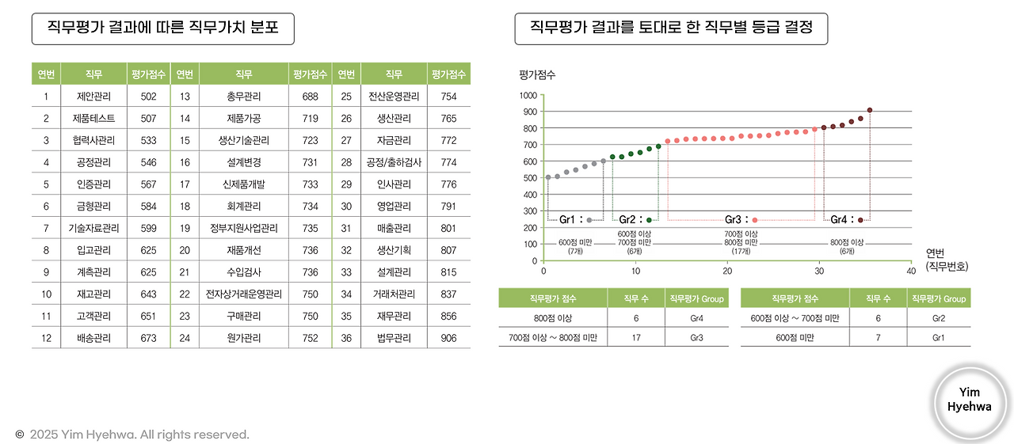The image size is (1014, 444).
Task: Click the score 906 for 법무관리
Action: click(x=448, y=338)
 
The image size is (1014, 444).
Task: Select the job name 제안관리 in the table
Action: click(x=93, y=97)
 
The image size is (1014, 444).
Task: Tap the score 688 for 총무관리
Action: click(x=311, y=97)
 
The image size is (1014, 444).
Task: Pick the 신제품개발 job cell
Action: click(x=244, y=184)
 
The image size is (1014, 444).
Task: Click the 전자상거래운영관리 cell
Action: click(x=244, y=294)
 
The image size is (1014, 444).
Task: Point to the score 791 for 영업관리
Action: click(x=448, y=206)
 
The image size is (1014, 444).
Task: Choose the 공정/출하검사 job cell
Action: click(x=394, y=162)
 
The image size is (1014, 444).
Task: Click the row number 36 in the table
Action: click(x=346, y=338)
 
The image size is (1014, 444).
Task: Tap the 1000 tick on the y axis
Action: click(x=528, y=95)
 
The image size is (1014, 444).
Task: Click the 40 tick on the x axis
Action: click(x=911, y=271)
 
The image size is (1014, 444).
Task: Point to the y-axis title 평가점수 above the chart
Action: click(x=537, y=74)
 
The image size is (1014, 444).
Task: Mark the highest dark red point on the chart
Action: click(x=870, y=110)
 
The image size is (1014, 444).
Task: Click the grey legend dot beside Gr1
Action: click(x=589, y=220)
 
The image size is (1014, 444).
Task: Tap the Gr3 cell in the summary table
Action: click(x=696, y=339)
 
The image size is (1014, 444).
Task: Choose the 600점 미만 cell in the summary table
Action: click(x=794, y=339)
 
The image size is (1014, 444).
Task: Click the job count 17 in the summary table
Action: click(x=636, y=339)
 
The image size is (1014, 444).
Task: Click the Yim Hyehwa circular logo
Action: click(x=969, y=400)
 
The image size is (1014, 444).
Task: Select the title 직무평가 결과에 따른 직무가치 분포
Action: click(x=162, y=29)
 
